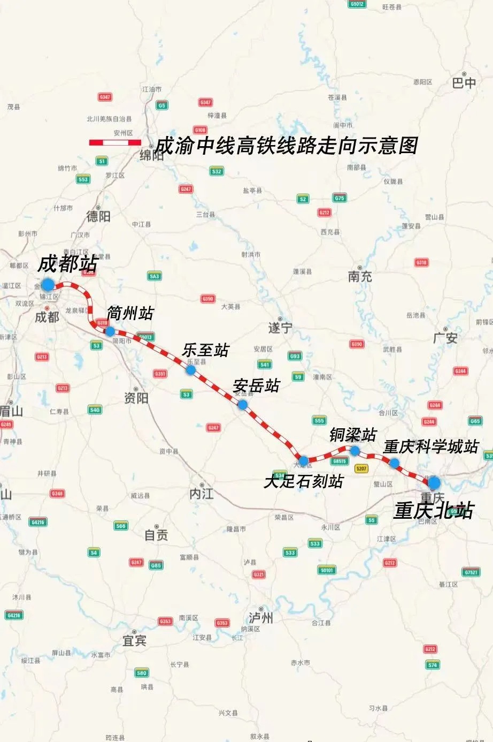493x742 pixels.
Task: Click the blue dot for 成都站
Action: (x=48, y=284)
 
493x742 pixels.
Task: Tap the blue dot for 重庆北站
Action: (x=434, y=482)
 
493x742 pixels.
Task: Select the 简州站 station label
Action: (x=130, y=313)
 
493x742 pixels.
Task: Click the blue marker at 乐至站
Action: (x=191, y=370)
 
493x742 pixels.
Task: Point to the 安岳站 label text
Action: (x=256, y=385)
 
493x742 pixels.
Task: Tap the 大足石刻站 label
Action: (x=303, y=481)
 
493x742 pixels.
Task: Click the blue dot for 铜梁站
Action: (x=355, y=451)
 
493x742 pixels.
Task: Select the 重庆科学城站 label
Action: (x=430, y=446)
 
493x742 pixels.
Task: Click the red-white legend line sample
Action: (x=115, y=142)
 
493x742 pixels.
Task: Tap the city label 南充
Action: (x=360, y=277)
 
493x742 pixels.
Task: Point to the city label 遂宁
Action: (x=280, y=328)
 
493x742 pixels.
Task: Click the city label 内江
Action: (x=202, y=494)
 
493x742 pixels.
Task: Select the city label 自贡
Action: (x=156, y=534)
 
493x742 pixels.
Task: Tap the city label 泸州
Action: (x=261, y=617)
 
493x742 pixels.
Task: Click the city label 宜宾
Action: (x=134, y=640)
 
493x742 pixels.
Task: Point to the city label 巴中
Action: (x=464, y=83)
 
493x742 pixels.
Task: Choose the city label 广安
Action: (x=445, y=338)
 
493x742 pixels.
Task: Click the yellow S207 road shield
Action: (x=361, y=468)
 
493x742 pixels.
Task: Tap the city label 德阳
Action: (x=98, y=216)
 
